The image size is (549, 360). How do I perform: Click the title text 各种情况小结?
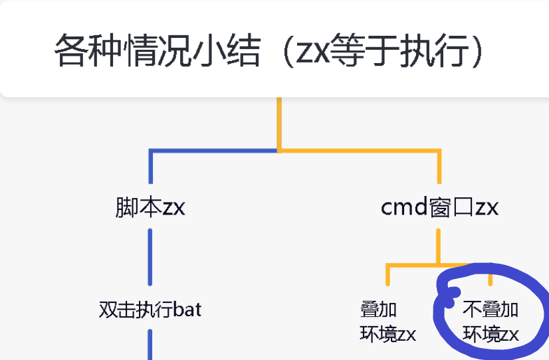(157, 52)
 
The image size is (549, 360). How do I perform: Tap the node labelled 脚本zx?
(150, 207)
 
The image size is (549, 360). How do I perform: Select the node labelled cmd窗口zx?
(439, 207)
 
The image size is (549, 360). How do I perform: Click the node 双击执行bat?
(150, 310)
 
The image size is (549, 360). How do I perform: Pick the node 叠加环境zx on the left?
(388, 321)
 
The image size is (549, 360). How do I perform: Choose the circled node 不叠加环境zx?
(491, 321)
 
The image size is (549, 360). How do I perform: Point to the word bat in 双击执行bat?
(187, 310)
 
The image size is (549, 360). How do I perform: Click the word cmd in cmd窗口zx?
(399, 207)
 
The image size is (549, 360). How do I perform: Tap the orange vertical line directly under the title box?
(279, 123)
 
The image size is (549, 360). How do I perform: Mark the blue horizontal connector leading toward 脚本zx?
(213, 151)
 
